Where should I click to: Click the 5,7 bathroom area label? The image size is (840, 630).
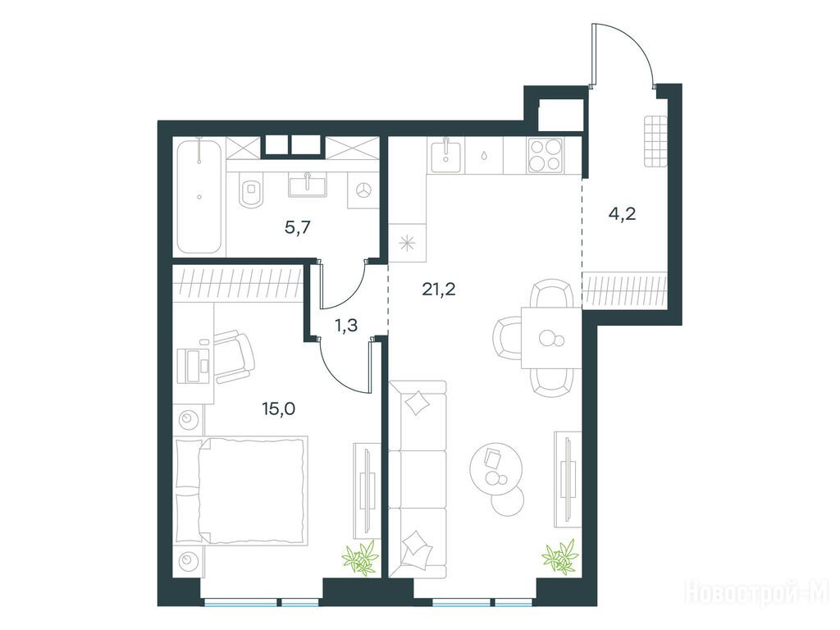click(298, 229)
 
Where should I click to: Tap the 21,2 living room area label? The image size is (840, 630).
click(439, 290)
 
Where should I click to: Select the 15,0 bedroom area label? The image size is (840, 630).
click(279, 409)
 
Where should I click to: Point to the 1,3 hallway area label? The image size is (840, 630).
click(345, 325)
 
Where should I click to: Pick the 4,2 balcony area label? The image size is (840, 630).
click(623, 214)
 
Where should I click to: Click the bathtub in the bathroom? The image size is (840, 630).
click(199, 196)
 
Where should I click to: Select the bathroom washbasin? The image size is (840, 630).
click(307, 185)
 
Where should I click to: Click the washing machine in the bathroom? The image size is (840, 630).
click(363, 189)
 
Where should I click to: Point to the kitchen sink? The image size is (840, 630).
click(444, 155)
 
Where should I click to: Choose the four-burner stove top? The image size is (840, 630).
click(546, 155)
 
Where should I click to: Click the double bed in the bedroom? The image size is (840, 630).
click(242, 491)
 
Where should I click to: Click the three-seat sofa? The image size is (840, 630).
click(418, 479)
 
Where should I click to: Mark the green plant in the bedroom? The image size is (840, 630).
click(361, 558)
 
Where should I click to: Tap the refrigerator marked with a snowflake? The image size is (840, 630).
click(408, 243)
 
